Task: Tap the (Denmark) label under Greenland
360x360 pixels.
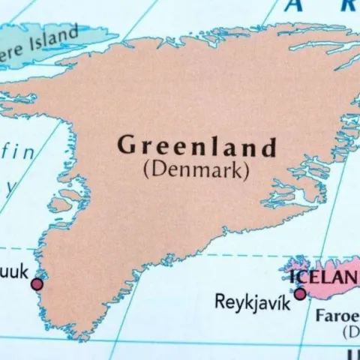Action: [x=195, y=169]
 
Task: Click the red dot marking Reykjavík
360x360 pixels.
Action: [x=300, y=294]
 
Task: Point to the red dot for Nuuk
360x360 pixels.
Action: [x=37, y=284]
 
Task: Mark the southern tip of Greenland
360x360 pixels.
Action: [x=75, y=334]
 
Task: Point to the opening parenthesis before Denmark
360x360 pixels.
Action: [x=145, y=170]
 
